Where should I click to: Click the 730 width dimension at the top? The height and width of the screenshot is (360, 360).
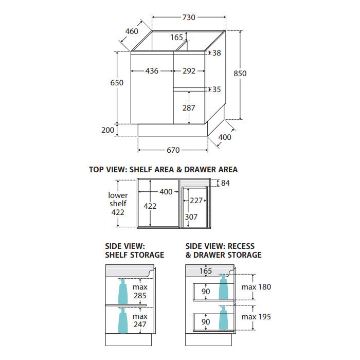(x=189, y=17)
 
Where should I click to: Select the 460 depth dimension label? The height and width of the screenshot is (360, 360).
(x=132, y=31)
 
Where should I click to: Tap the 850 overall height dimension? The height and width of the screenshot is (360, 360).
(x=240, y=74)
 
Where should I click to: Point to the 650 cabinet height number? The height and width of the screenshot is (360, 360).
(x=117, y=83)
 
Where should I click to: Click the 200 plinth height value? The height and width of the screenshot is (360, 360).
(x=107, y=130)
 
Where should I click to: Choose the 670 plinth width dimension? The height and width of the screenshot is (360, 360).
(x=173, y=150)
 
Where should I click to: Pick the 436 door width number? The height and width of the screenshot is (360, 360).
(x=152, y=71)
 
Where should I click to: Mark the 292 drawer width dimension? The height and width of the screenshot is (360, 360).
(x=189, y=71)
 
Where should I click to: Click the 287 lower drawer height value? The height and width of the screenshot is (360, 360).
(x=189, y=108)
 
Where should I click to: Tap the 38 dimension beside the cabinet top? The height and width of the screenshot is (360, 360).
(x=217, y=53)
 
